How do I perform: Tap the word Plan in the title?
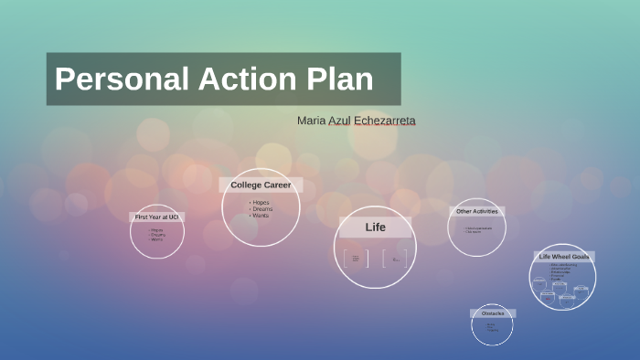pyautogui.click(x=339, y=79)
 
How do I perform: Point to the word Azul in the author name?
pyautogui.click(x=344, y=121)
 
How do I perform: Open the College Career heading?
pyautogui.click(x=261, y=185)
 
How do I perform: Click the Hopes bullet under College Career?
pyautogui.click(x=261, y=202)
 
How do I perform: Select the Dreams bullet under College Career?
pyautogui.click(x=262, y=208)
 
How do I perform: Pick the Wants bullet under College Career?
pyautogui.click(x=261, y=215)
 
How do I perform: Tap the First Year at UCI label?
pyautogui.click(x=157, y=217)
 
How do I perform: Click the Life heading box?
pyautogui.click(x=376, y=227)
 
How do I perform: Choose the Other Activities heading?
pyautogui.click(x=476, y=211)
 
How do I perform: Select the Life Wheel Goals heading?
pyautogui.click(x=564, y=257)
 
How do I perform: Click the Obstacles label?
pyautogui.click(x=493, y=313)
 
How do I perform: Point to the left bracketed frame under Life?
pyautogui.click(x=356, y=259)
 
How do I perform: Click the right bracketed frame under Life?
pyautogui.click(x=395, y=259)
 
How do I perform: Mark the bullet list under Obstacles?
pyautogui.click(x=492, y=327)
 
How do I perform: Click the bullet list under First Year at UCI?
pyautogui.click(x=157, y=235)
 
